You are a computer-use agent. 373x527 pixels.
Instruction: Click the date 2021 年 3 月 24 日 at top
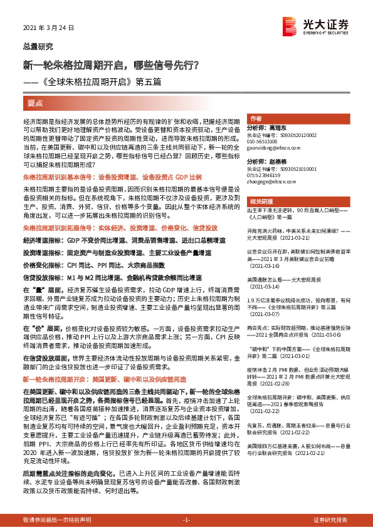tap(49, 29)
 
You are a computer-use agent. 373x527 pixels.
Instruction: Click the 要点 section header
tap(35, 101)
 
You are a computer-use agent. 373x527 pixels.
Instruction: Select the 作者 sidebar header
tap(256, 118)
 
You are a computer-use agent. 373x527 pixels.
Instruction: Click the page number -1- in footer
tap(186, 520)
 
